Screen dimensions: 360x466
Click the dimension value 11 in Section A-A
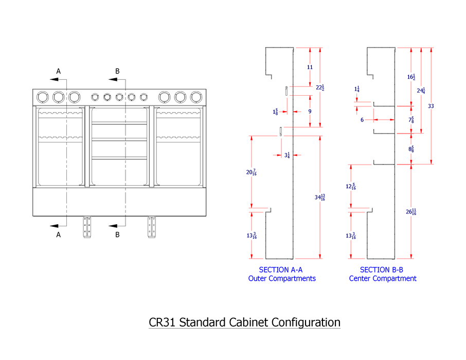click(310, 67)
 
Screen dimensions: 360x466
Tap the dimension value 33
click(431, 106)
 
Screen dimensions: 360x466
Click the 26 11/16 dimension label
click(411, 211)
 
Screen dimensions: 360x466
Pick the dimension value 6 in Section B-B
click(362, 120)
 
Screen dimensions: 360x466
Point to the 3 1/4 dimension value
click(287, 155)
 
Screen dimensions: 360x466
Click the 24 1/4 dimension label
click(421, 91)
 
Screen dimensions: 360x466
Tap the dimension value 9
click(310, 112)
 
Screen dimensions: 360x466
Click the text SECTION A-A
click(281, 269)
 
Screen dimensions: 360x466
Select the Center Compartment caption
click(383, 279)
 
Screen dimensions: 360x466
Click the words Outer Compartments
click(282, 279)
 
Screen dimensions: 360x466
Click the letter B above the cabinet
click(117, 71)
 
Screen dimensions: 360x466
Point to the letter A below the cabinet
click(59, 235)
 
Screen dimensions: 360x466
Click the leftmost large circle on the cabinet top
click(42, 97)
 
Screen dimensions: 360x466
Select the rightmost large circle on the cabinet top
click(195, 97)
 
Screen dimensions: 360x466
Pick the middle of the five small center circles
click(119, 97)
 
